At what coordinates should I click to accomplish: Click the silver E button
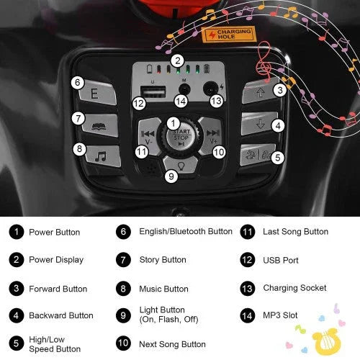(x=98, y=93)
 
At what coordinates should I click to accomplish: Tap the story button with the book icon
(x=100, y=125)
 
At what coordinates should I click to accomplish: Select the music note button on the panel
(x=102, y=156)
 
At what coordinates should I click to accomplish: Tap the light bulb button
(x=181, y=165)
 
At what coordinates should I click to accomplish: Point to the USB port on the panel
(x=153, y=92)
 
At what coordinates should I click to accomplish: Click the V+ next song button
(x=212, y=135)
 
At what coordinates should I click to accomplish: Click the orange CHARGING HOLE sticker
(x=229, y=34)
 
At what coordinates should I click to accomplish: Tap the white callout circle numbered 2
(x=178, y=60)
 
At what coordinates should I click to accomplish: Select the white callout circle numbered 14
(x=181, y=102)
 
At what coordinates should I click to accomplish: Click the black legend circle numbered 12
(x=247, y=260)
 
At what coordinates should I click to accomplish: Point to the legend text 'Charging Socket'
(x=294, y=288)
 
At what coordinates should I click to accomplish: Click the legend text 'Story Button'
(x=163, y=260)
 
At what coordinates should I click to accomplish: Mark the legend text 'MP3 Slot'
(x=280, y=315)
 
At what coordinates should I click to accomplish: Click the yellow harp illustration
(x=326, y=342)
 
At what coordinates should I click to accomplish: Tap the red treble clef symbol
(x=264, y=61)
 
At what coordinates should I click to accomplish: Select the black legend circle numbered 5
(x=17, y=343)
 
